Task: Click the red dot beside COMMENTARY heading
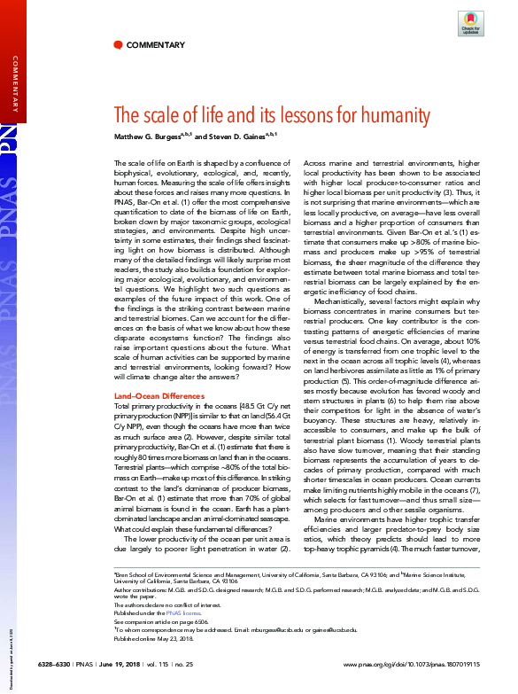118,44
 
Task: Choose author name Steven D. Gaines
239,136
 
